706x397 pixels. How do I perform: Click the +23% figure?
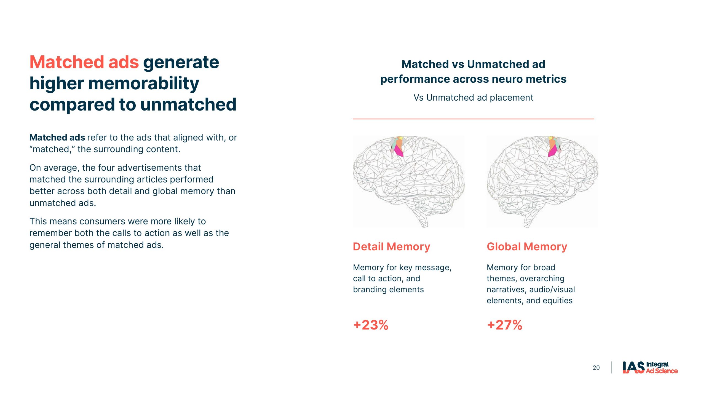coord(371,325)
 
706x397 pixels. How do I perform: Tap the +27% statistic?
coord(505,325)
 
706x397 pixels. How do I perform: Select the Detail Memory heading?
coord(392,246)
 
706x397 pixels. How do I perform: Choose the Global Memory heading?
coord(527,246)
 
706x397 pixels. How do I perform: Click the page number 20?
coord(596,368)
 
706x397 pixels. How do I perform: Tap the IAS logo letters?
coord(633,368)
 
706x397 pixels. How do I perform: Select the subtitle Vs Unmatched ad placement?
coord(473,98)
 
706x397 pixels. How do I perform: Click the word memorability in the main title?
coord(143,84)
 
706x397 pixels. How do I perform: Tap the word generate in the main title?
coord(181,63)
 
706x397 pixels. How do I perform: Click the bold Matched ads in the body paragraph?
coord(57,137)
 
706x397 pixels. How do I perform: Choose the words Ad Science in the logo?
coord(662,371)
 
